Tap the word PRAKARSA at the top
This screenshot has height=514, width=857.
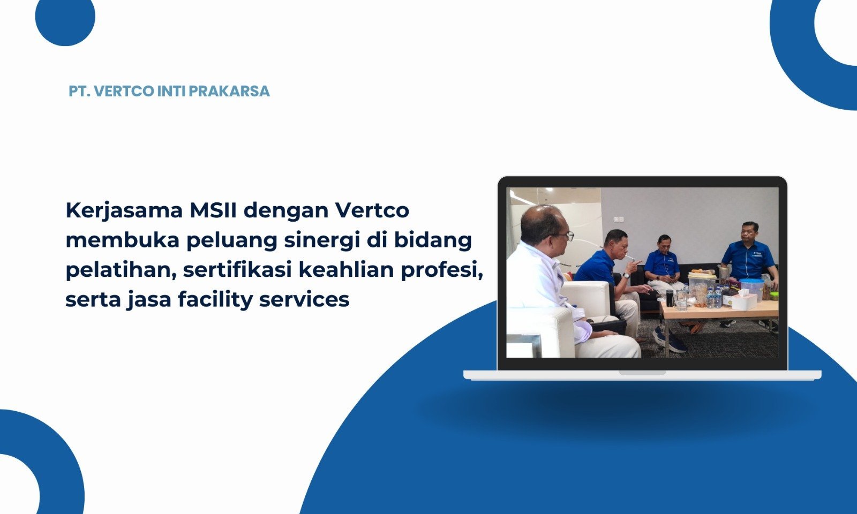(229, 92)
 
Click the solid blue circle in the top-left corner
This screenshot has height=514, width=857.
(65, 17)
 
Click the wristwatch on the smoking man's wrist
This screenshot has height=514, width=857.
(626, 275)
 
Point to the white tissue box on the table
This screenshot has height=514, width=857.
(744, 300)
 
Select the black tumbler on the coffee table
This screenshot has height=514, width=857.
(670, 298)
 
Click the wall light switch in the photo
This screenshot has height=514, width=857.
(619, 220)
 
